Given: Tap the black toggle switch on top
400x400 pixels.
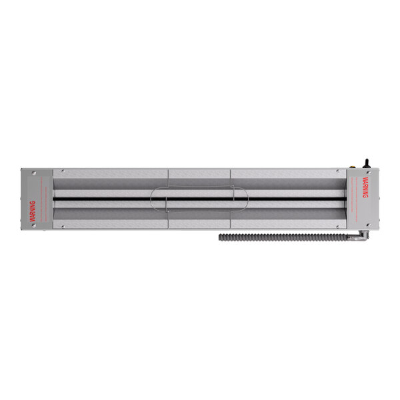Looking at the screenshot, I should pyautogui.click(x=365, y=162).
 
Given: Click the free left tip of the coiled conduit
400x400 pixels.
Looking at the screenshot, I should pyautogui.click(x=221, y=237).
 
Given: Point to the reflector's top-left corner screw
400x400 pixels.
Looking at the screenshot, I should pyautogui.click(x=61, y=173).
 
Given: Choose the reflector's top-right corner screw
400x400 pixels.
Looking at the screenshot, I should pyautogui.click(x=339, y=173).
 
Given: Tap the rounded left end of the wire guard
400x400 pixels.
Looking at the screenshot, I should pyautogui.click(x=153, y=198).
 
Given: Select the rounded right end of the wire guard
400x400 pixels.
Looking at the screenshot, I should pyautogui.click(x=247, y=198).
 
